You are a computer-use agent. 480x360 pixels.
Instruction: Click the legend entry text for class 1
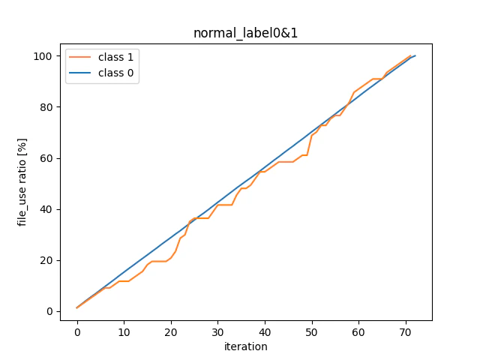(115, 58)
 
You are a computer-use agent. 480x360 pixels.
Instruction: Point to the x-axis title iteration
(245, 346)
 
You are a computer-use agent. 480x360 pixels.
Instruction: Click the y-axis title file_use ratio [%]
(22, 181)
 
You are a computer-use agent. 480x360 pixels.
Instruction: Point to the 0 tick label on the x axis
(77, 331)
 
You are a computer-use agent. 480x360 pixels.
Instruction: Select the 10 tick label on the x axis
(124, 331)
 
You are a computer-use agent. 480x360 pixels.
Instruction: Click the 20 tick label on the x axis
(171, 331)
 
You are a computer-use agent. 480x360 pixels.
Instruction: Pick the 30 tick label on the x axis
(218, 331)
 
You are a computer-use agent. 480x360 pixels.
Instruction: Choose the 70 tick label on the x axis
(406, 331)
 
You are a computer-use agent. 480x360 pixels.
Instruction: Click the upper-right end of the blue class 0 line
(415, 56)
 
